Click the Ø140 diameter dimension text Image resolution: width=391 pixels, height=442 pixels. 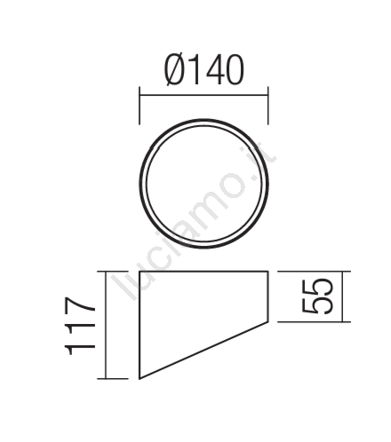(204, 70)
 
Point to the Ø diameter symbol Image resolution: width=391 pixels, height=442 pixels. (176, 70)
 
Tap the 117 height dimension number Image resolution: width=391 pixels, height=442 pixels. (80, 326)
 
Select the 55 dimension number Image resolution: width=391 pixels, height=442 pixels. (317, 296)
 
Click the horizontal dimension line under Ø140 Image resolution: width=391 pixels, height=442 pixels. (203, 95)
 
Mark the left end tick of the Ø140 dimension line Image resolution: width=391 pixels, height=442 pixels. (140, 106)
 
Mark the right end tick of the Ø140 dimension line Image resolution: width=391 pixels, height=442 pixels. (268, 106)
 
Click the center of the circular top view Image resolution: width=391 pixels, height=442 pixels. (204, 184)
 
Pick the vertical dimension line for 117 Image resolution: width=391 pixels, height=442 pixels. (106, 325)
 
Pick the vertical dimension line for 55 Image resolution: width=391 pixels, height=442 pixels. (342, 296)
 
